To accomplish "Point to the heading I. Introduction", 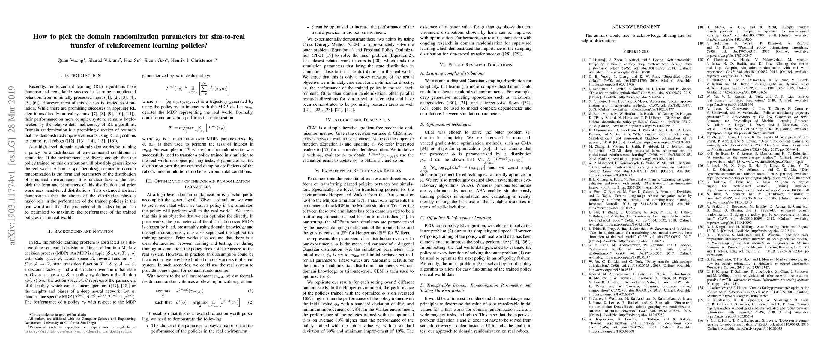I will (x=80, y=76).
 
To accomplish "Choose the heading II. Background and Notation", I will (x=80, y=232).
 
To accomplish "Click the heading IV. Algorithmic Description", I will (x=358, y=120).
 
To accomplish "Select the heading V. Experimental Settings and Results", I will (x=358, y=170).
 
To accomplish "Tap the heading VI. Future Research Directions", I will (x=476, y=65).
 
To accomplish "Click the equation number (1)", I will (x=250, y=291).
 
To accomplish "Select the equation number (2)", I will (x=250, y=302).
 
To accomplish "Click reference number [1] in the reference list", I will (x=585, y=60).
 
